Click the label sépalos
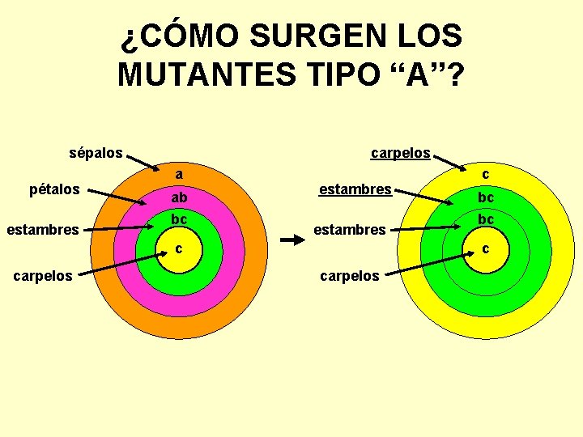[96, 152]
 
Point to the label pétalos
[54, 189]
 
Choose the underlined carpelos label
[400, 152]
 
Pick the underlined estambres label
[355, 189]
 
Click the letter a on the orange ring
[179, 174]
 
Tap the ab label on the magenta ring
[179, 197]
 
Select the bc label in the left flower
[179, 219]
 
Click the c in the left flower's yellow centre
[179, 248]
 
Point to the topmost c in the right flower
[486, 174]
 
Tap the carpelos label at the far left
[42, 276]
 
